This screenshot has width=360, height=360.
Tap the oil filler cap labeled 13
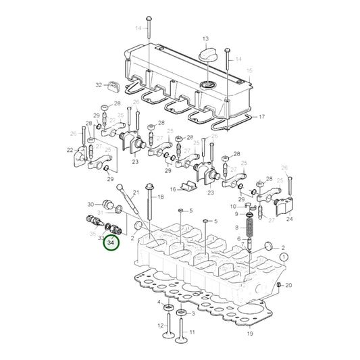(x=205, y=51)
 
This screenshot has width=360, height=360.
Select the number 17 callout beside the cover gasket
(x=262, y=117)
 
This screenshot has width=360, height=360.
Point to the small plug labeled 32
(x=111, y=86)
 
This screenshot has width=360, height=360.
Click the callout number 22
(x=70, y=150)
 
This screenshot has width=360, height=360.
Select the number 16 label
(x=173, y=189)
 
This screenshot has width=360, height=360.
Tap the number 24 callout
(x=289, y=219)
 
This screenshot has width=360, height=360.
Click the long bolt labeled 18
(x=148, y=209)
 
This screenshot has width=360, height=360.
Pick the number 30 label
(x=91, y=204)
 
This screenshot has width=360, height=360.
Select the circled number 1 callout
(x=284, y=257)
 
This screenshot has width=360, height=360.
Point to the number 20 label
(x=288, y=286)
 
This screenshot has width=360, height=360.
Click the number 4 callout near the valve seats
(x=159, y=301)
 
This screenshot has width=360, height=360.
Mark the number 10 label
(x=232, y=206)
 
